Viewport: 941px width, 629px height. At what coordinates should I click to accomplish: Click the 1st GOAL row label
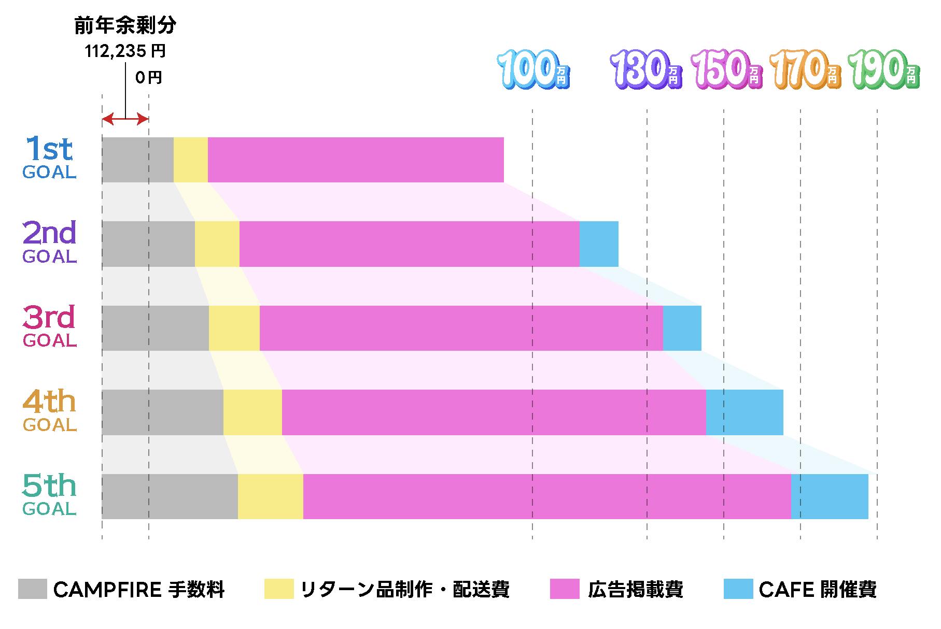(x=49, y=158)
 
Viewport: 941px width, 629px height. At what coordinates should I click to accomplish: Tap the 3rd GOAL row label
(x=49, y=326)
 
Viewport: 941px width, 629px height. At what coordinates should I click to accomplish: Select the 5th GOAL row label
(x=49, y=495)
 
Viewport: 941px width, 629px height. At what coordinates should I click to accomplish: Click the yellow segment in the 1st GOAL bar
(x=190, y=160)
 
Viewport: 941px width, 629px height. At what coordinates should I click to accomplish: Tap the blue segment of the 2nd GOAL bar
(x=599, y=244)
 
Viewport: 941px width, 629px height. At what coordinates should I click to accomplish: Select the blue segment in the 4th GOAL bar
(x=745, y=412)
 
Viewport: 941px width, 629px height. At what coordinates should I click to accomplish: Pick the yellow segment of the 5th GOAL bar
(x=270, y=496)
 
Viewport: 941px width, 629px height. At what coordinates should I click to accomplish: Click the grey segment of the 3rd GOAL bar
(x=155, y=328)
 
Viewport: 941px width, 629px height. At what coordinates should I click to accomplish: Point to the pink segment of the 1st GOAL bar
(x=356, y=160)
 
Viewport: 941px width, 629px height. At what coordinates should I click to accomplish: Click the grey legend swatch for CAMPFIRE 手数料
(x=32, y=589)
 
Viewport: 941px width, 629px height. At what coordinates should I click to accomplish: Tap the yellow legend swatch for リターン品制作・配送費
(x=279, y=589)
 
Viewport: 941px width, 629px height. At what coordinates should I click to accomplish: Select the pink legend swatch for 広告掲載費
(x=565, y=589)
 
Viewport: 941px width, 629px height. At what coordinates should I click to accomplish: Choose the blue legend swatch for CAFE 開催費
(x=738, y=589)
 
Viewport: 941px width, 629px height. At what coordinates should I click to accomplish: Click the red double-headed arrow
(x=125, y=120)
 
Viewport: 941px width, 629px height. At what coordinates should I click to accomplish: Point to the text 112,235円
(x=125, y=51)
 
